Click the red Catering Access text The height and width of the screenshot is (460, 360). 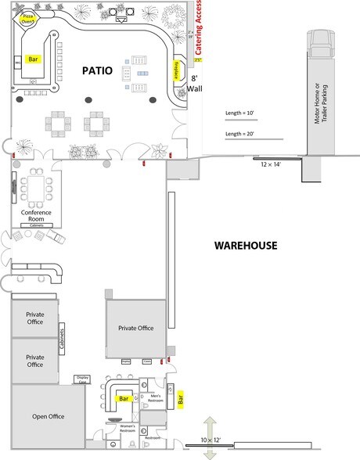[200, 31]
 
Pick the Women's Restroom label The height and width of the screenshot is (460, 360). [123, 429]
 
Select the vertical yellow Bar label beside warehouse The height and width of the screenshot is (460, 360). [181, 400]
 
